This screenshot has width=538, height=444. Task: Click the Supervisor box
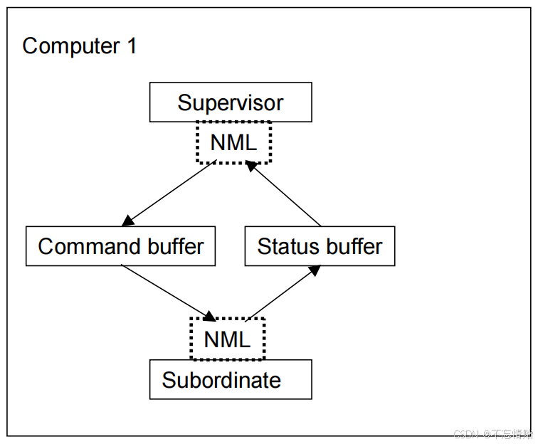(230, 102)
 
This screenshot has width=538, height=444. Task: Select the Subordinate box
(230, 379)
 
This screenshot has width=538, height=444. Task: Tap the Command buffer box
(120, 246)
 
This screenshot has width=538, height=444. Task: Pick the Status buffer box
(320, 246)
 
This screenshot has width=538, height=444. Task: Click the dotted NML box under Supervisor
(233, 142)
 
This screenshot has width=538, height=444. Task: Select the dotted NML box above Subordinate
(227, 339)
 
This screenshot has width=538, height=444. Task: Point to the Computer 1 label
(79, 46)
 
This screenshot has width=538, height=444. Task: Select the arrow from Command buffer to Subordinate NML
(168, 292)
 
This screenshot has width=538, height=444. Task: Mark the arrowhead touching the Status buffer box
(313, 270)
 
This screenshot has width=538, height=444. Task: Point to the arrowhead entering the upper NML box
(250, 166)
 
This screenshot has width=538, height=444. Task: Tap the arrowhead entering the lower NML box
(211, 316)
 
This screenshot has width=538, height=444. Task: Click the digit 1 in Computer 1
(131, 46)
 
